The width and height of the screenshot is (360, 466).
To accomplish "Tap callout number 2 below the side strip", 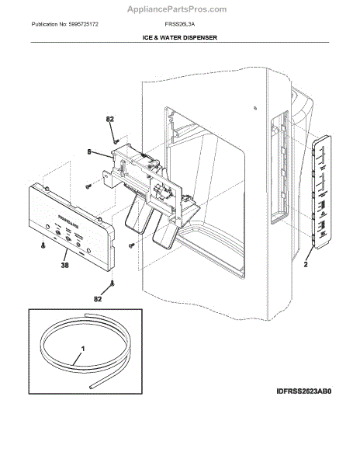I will (306, 264).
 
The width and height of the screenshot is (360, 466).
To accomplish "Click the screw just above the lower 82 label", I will (112, 284).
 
